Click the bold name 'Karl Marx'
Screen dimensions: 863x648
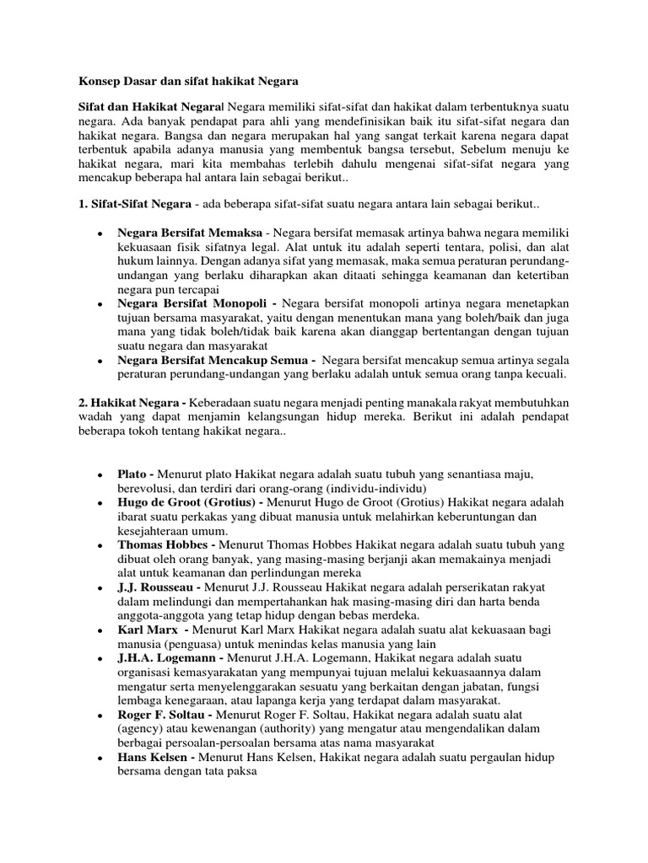[148, 630]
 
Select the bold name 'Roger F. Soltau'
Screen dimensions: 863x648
[164, 714]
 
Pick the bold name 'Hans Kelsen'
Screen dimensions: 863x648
[154, 758]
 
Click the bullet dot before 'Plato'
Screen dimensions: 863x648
[100, 475]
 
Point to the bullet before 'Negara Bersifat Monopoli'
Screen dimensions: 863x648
[100, 303]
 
